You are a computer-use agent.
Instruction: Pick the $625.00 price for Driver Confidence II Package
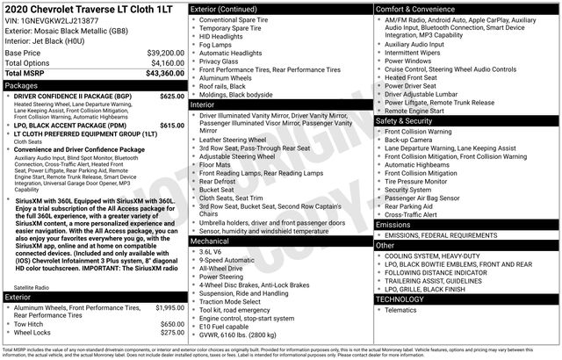[172, 97]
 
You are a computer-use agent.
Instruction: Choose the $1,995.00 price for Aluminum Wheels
[169, 307]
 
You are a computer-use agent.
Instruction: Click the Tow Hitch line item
[32, 324]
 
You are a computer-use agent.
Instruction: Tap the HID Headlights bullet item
[224, 36]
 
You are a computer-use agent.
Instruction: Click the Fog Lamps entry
[217, 45]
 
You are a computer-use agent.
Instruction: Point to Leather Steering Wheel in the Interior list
[233, 140]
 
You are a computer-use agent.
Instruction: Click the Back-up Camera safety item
[408, 140]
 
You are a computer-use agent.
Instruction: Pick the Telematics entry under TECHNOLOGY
[400, 309]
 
